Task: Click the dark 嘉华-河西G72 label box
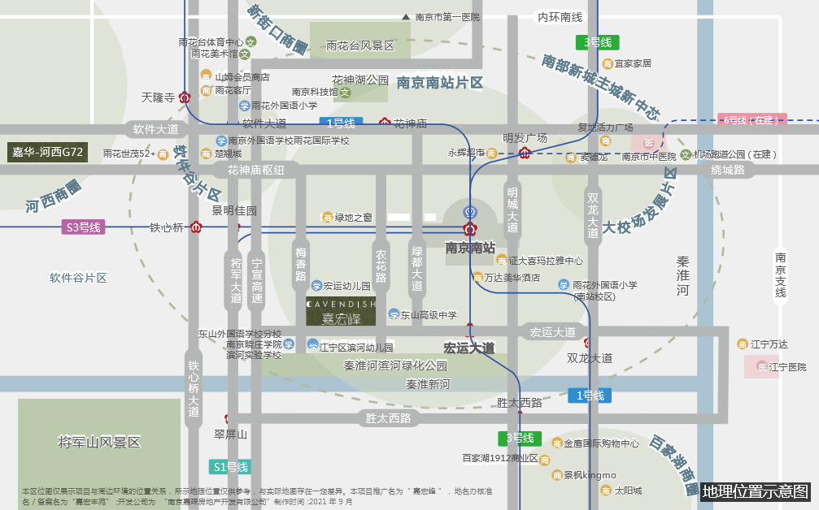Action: [x=48, y=152]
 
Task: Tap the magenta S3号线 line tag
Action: [x=84, y=227]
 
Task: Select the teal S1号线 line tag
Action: [x=230, y=467]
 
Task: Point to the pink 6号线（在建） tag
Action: [x=751, y=120]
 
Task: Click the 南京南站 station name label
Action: [x=469, y=247]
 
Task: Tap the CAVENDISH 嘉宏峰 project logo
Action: [x=341, y=312]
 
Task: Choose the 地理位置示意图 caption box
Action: [x=756, y=491]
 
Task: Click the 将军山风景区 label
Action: [x=99, y=443]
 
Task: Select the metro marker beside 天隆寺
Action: [x=185, y=97]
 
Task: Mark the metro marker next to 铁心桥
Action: [x=196, y=227]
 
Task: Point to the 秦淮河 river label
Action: [x=682, y=276]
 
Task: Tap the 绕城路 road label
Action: [x=727, y=170]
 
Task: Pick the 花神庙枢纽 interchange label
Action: [x=255, y=170]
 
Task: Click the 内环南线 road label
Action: [x=560, y=17]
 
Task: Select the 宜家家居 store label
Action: [x=633, y=63]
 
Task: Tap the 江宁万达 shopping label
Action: [x=768, y=344]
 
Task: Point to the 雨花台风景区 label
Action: [x=360, y=46]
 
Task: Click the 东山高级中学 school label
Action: [x=428, y=315]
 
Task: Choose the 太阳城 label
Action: [x=627, y=491]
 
